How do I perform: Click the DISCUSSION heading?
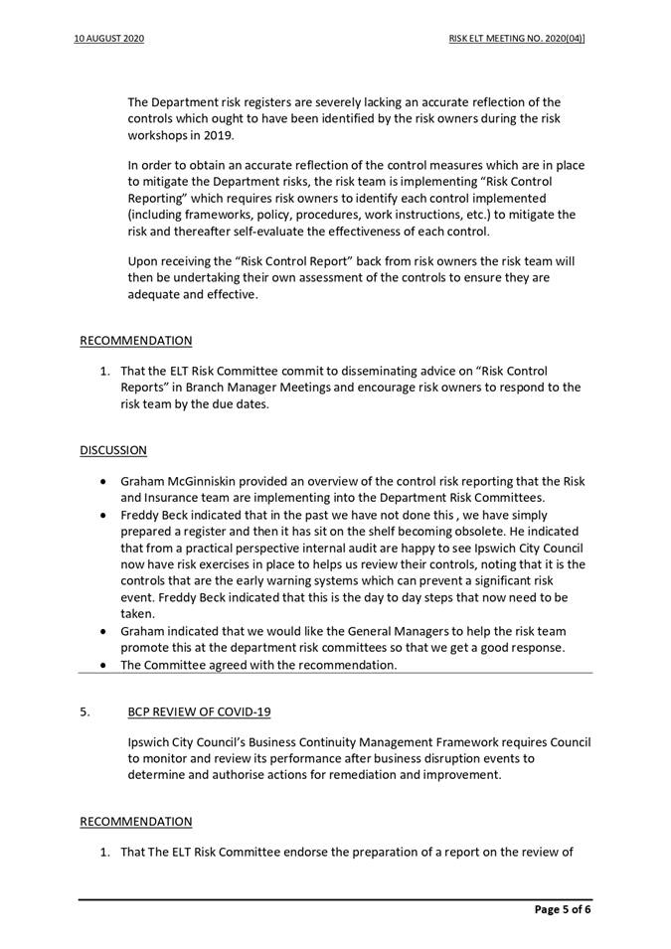tap(112, 450)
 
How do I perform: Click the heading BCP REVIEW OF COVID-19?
tap(199, 712)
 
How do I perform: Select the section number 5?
tap(85, 712)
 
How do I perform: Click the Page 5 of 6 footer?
tap(563, 908)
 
